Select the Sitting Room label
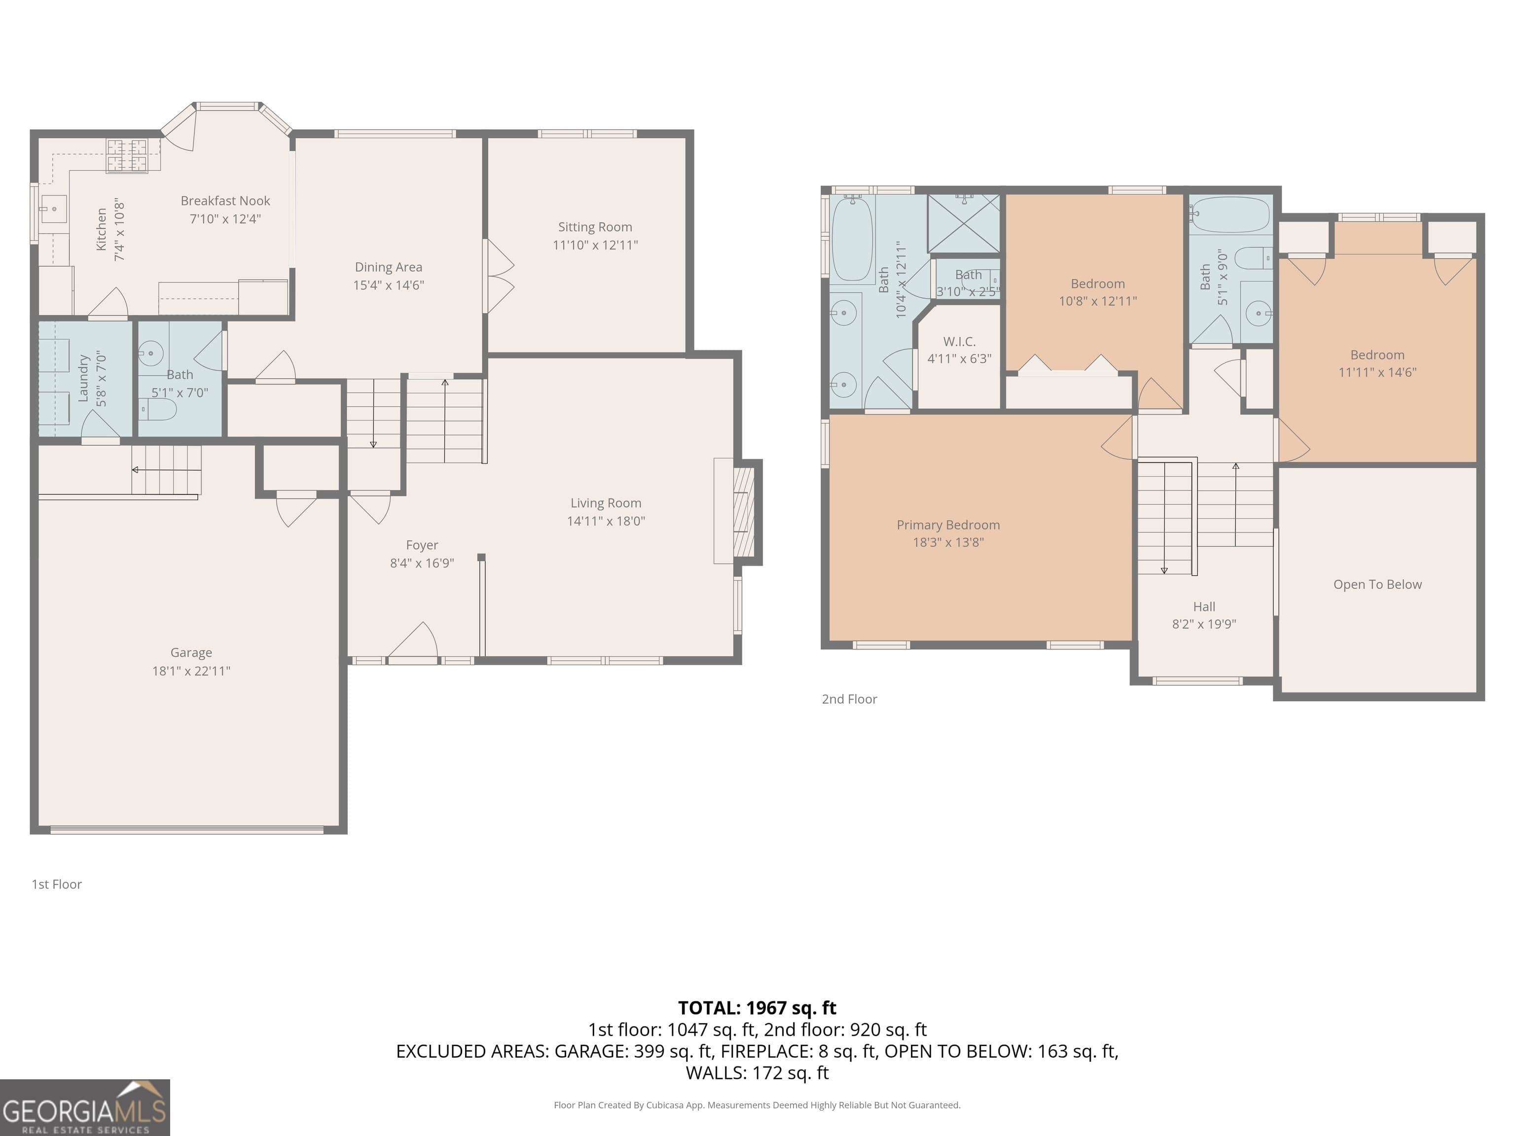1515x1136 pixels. [594, 227]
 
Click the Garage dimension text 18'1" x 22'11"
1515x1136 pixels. [191, 671]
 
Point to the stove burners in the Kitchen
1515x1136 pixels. [127, 155]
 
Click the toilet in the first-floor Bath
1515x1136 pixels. [159, 409]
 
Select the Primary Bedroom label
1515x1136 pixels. [948, 525]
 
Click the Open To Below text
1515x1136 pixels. [1376, 584]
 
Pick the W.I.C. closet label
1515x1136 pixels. [959, 341]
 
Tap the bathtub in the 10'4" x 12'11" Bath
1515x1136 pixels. [852, 238]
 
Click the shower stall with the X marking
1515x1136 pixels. [964, 223]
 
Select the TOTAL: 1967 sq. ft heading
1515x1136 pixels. [757, 1008]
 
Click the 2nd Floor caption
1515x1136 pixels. [849, 699]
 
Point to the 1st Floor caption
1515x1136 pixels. [57, 884]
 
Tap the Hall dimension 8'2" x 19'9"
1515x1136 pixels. [1203, 624]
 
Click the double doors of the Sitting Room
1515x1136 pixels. [499, 276]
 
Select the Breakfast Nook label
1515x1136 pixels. [225, 201]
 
